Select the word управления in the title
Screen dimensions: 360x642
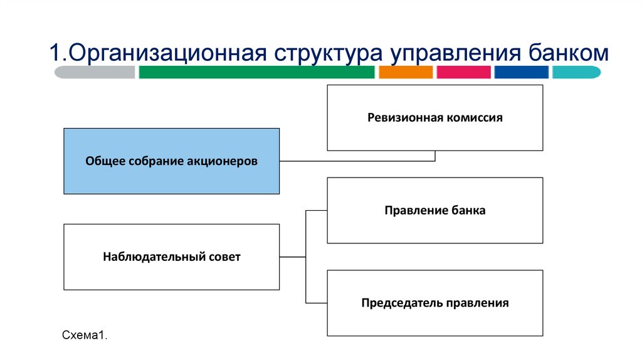(451, 53)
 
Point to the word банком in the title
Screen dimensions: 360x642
(564, 53)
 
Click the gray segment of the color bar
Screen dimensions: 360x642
(95, 72)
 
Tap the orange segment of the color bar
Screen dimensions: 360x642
(406, 72)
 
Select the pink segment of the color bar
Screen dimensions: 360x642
(463, 72)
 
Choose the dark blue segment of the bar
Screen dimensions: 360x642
(521, 72)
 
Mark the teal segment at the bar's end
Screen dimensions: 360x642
(576, 72)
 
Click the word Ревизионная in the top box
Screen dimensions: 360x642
(406, 117)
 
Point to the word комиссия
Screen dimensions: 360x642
(475, 117)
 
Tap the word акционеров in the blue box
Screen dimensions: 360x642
(223, 161)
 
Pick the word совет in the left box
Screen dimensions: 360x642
(224, 257)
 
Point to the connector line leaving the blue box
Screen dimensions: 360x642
(357, 161)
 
